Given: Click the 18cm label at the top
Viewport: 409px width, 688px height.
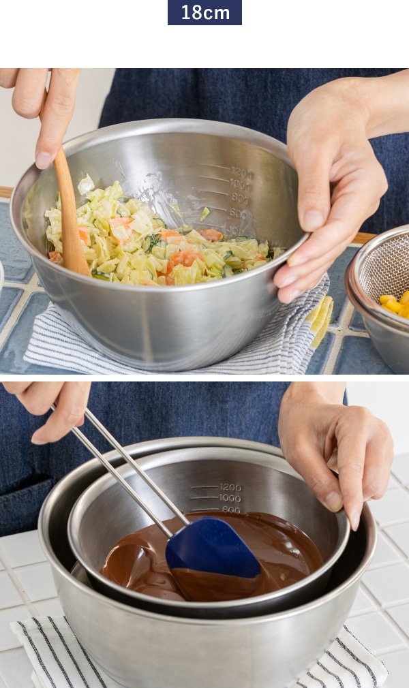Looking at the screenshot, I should (x=204, y=12).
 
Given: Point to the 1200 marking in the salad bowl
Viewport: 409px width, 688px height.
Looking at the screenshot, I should (x=241, y=172).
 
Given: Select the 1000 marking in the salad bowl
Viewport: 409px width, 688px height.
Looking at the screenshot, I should (x=241, y=185).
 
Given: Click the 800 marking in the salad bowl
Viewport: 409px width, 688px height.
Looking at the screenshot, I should (x=239, y=198).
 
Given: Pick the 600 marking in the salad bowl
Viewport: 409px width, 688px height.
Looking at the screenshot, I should (x=237, y=213).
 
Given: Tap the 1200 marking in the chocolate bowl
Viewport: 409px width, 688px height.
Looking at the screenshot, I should (x=230, y=487).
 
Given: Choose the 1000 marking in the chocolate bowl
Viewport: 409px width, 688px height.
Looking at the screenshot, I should (x=230, y=498).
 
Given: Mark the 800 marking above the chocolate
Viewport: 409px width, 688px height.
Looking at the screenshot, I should (x=230, y=509).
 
